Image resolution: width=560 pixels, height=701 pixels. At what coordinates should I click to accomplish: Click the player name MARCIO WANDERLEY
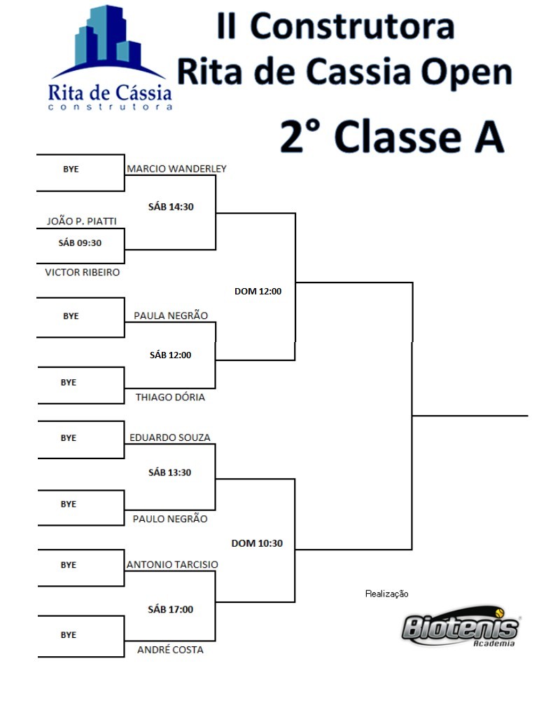point(176,168)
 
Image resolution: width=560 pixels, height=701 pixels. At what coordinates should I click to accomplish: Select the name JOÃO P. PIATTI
point(82,221)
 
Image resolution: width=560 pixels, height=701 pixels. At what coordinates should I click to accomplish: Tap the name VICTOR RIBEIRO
point(82,272)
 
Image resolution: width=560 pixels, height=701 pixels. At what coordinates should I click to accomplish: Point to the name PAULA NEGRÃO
point(171,315)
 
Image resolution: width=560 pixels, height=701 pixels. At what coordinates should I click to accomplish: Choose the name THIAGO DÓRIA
point(170,397)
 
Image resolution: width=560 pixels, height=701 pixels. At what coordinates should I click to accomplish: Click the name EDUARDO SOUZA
point(169,437)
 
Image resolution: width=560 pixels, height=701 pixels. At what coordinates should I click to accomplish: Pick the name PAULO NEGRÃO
point(169,518)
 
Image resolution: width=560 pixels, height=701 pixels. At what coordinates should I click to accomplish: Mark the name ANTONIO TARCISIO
point(172,564)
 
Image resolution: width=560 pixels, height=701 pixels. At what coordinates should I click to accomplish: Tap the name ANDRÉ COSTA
point(170,649)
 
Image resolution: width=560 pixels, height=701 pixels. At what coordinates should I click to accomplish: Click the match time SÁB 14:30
point(171,207)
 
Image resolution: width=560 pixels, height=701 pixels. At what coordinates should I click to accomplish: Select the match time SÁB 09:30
point(80,243)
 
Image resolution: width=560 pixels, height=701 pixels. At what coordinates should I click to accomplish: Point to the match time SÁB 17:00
point(171,609)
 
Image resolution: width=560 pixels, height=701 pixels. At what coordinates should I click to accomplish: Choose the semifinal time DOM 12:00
point(258,291)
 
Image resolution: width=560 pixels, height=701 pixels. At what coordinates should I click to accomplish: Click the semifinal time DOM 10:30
point(257,543)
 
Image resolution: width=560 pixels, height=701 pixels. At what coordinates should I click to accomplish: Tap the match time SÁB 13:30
point(169,472)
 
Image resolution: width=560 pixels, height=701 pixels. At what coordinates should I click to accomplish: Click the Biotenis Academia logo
point(461,627)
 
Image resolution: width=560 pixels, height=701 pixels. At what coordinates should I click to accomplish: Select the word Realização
point(386,594)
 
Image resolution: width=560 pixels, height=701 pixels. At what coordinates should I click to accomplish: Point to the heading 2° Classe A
point(392,136)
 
